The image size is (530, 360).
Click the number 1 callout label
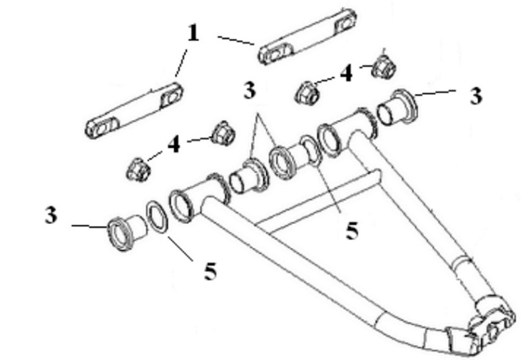coord(193,33)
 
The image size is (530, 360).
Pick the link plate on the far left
coord(134,110)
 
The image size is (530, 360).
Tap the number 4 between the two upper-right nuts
coord(346,73)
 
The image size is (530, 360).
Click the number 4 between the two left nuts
coord(174,145)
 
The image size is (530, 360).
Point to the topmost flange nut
coord(384,67)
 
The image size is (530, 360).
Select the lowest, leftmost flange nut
coord(138,168)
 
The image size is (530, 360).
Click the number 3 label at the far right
coord(476,95)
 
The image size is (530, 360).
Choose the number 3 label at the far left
coord(51,215)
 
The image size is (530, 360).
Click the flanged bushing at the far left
coord(127,233)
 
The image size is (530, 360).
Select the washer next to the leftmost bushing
coord(157,217)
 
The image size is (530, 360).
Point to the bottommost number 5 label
coord(210,271)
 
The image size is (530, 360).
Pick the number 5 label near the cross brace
coord(352,231)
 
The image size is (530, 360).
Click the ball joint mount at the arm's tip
coord(487,325)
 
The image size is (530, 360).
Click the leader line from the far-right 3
coord(436,93)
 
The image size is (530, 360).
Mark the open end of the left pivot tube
coord(181,206)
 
